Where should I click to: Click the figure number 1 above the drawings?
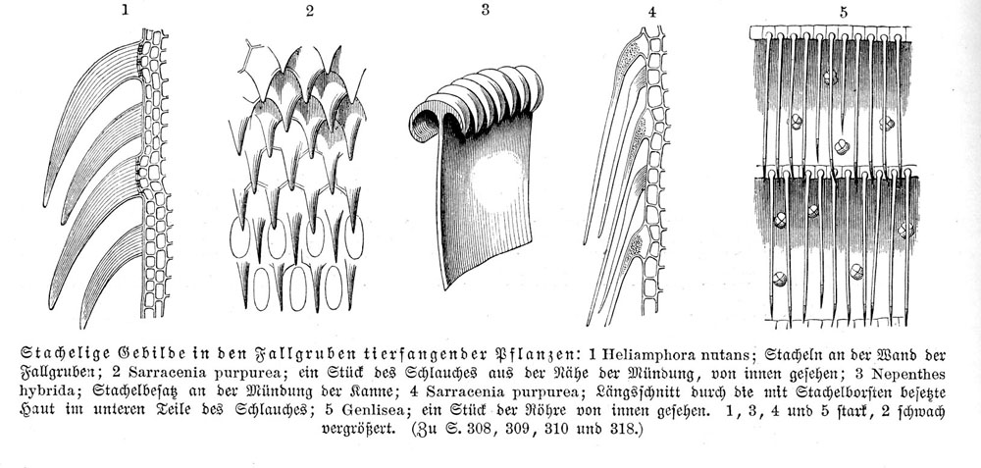[x=126, y=10]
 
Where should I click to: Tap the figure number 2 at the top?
[x=310, y=11]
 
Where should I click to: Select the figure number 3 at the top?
[x=485, y=10]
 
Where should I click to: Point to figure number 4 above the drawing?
[x=652, y=12]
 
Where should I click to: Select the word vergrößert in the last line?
[x=358, y=431]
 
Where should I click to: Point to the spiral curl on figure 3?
[x=427, y=121]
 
